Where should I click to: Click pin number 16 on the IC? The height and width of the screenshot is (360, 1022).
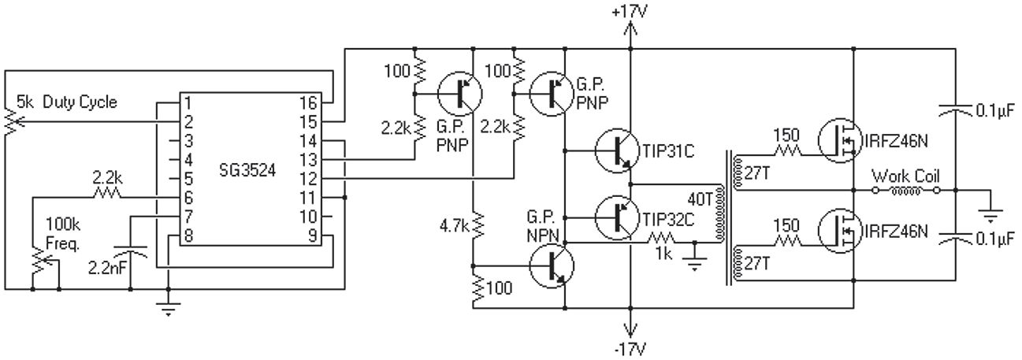tap(309, 102)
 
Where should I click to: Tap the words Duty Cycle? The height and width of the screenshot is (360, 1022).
tap(80, 102)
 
